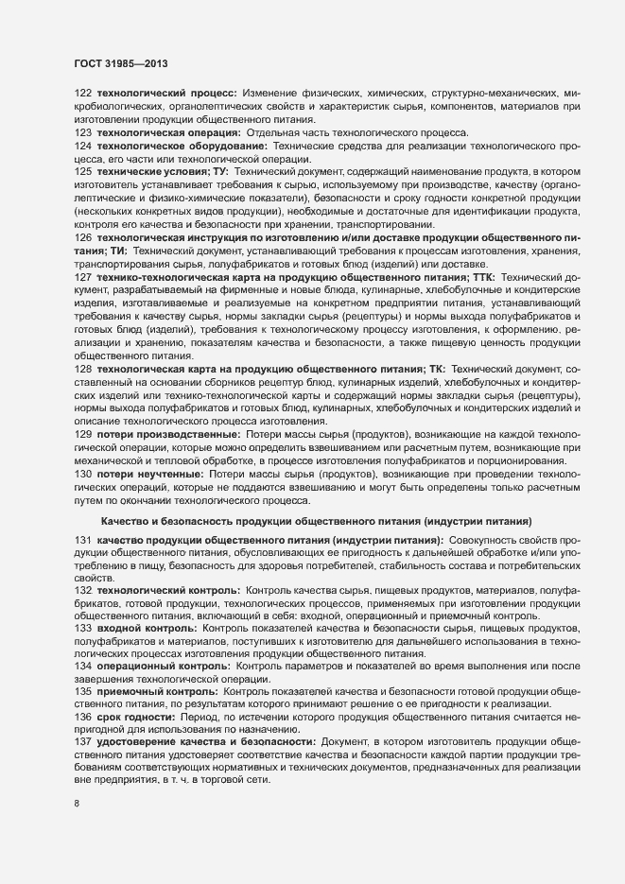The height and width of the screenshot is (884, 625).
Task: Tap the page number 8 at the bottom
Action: pyautogui.click(x=76, y=805)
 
